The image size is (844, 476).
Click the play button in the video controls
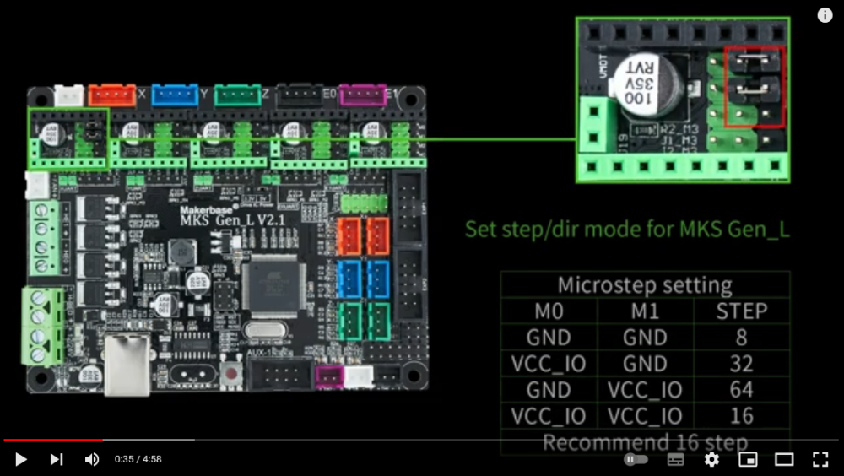point(21,459)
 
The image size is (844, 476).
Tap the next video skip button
point(57,459)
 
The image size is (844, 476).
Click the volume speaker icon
point(92,459)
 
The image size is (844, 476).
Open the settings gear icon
point(711,459)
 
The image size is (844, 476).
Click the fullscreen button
point(820,459)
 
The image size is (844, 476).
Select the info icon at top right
point(825,15)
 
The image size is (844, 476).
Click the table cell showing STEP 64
point(741,390)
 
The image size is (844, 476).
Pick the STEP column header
point(741,311)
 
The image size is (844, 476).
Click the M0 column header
point(549,311)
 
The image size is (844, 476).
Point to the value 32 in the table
point(741,364)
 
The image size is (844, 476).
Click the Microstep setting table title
point(645,284)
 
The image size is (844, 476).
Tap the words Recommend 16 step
point(645,442)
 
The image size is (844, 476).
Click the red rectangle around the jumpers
point(755,87)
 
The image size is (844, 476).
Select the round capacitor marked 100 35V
point(647,84)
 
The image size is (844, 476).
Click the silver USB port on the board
point(127,365)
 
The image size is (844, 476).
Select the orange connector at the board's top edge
point(112,95)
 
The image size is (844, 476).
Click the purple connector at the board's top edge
point(362,95)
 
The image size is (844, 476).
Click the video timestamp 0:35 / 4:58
point(138,459)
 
